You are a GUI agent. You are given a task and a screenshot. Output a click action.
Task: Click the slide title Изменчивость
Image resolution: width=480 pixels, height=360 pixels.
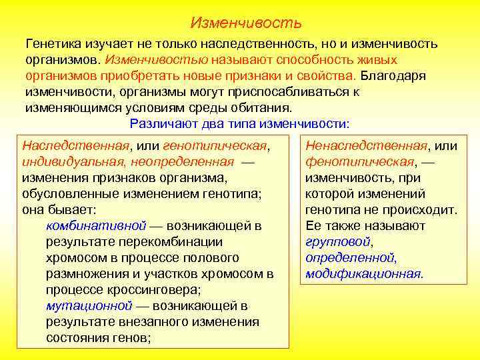(246, 23)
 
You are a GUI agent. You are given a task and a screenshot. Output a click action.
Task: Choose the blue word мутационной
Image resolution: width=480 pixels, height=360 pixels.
(89, 306)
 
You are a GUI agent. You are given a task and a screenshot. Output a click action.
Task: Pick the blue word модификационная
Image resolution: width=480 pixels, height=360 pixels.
(363, 274)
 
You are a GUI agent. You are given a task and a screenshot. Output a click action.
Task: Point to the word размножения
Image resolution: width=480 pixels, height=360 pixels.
(88, 274)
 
